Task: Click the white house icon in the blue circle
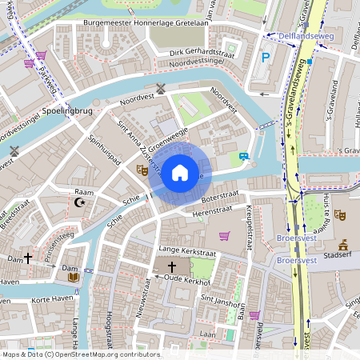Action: point(180,173)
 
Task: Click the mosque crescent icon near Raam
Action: point(79,203)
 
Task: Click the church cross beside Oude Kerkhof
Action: point(171,266)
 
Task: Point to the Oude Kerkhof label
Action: point(186,281)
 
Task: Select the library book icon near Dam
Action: point(74,277)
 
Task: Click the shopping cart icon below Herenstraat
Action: point(225,235)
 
